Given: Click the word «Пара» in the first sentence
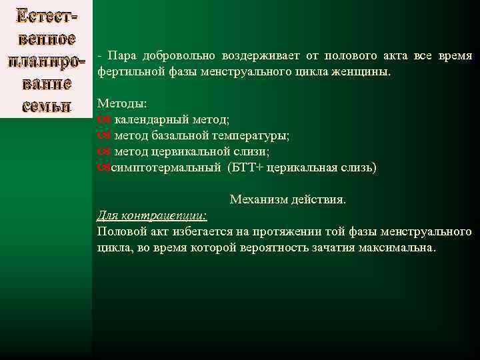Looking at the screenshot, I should point(119,56).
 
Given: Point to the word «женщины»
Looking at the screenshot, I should point(370,71).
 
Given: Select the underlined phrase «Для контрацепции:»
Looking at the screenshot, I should point(152,215).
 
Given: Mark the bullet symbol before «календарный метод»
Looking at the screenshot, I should point(103,119).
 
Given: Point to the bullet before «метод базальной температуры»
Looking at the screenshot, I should point(103,135).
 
